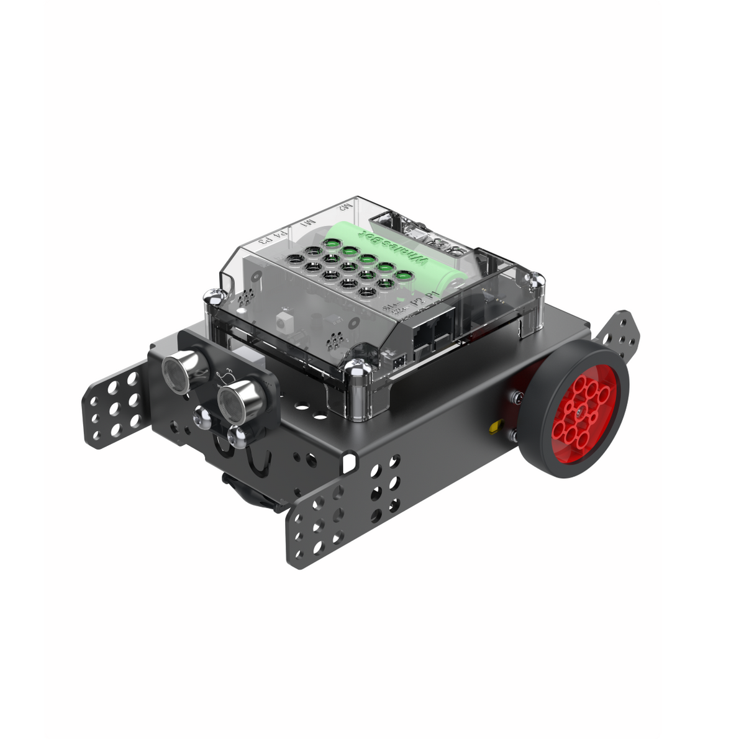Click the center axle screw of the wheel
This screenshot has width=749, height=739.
[578, 410]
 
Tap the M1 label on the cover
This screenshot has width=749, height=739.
[307, 222]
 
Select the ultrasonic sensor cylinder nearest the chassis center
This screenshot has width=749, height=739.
[237, 398]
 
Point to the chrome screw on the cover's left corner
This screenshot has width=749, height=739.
[213, 297]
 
